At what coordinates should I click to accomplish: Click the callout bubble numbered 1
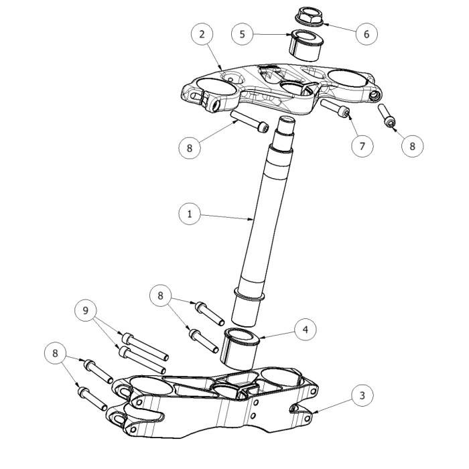(190, 214)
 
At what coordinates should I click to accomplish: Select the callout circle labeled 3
(362, 395)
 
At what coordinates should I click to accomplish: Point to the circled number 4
(305, 330)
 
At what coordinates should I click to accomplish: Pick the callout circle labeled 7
(362, 145)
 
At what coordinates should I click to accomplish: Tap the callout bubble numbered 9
(86, 311)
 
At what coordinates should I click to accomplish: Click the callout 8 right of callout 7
(413, 145)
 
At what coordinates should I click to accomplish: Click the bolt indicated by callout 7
(336, 109)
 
